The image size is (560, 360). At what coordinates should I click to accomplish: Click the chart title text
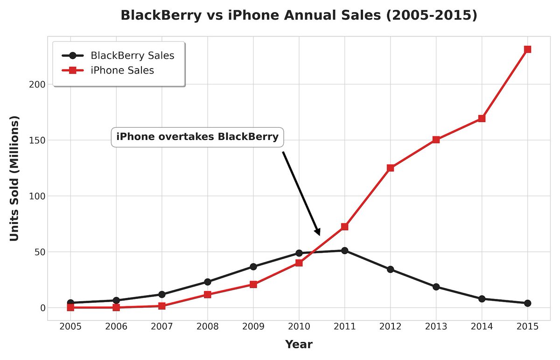pyautogui.click(x=299, y=15)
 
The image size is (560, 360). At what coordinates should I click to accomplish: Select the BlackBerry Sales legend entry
pyautogui.click(x=132, y=55)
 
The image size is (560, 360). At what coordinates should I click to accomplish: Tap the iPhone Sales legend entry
pyautogui.click(x=122, y=70)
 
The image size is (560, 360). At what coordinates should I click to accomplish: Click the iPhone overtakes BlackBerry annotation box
pyautogui.click(x=197, y=137)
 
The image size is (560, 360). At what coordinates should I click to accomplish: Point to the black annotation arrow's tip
pyautogui.click(x=319, y=235)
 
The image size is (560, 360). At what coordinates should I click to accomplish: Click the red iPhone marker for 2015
pyautogui.click(x=527, y=49)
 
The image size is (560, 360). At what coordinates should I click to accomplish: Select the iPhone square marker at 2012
pyautogui.click(x=390, y=168)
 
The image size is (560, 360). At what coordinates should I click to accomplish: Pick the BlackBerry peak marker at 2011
pyautogui.click(x=344, y=250)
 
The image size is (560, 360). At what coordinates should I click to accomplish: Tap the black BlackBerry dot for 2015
pyautogui.click(x=527, y=303)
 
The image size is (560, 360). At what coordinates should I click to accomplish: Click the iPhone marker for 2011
pyautogui.click(x=344, y=227)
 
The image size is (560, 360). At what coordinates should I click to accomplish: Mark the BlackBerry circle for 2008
pyautogui.click(x=208, y=282)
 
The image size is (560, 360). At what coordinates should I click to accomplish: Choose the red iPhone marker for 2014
pyautogui.click(x=482, y=118)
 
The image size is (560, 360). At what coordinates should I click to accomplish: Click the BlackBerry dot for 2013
pyautogui.click(x=436, y=287)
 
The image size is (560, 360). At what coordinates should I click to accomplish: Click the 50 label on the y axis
pyautogui.click(x=40, y=252)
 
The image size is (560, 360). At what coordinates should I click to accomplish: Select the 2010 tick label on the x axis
pyautogui.click(x=299, y=326)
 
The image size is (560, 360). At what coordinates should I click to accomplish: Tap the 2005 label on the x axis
pyautogui.click(x=70, y=326)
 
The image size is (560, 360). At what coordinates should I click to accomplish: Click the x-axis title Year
pyautogui.click(x=299, y=345)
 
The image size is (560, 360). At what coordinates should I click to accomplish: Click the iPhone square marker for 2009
pyautogui.click(x=253, y=284)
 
